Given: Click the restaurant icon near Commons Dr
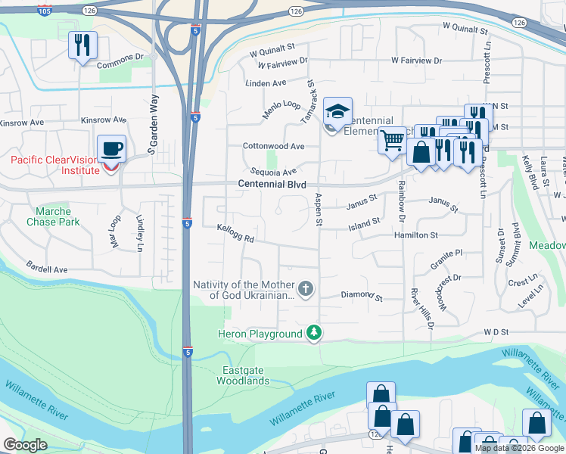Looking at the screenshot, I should (82, 45).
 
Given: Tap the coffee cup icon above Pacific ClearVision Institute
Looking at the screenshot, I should (111, 148).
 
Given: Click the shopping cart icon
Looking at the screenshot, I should (392, 140).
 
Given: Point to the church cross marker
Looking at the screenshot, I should (305, 288).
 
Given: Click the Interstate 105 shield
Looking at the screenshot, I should (45, 11).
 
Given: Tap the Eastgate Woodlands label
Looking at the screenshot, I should (245, 375).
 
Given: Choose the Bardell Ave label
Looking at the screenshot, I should (47, 269).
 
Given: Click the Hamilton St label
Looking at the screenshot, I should (415, 235).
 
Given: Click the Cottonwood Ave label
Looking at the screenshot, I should (273, 146).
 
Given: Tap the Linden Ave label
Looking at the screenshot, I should (265, 82).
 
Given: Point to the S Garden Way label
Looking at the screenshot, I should (152, 125).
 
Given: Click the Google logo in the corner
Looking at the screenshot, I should (25, 445).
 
